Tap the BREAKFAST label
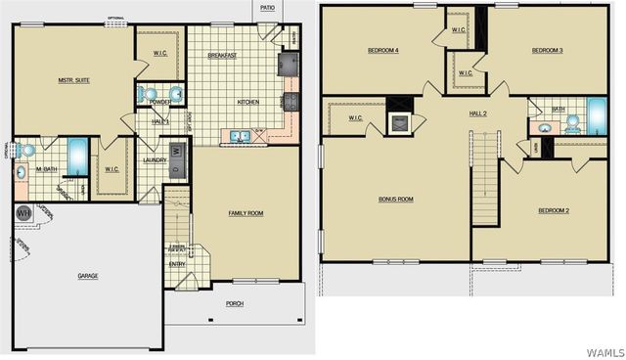[x=223, y=56]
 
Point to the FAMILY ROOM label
[x=246, y=212]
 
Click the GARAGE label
[x=88, y=276]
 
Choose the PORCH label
[x=235, y=303]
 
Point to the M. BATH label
[x=46, y=168]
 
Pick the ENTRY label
[x=177, y=263]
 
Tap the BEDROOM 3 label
[x=547, y=50]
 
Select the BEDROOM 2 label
[x=554, y=210]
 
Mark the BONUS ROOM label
[x=396, y=199]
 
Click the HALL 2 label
[x=478, y=113]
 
